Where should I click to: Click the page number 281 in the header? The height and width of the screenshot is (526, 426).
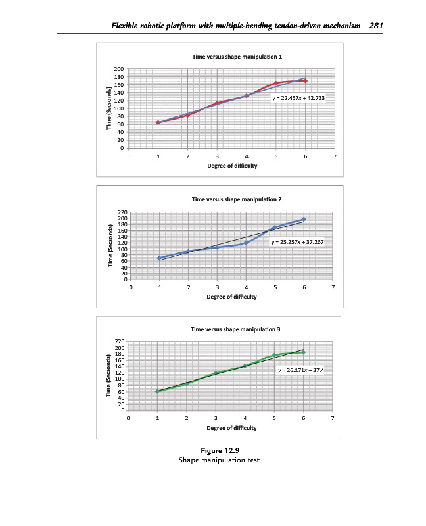(376, 26)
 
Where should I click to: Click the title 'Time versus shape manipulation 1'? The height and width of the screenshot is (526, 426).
(237, 57)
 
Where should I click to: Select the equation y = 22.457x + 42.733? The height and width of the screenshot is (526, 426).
(298, 98)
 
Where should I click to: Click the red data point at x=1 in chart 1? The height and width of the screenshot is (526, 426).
(158, 122)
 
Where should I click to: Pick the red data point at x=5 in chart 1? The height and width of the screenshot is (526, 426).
(275, 84)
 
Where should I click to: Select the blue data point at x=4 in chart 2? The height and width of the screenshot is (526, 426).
(246, 243)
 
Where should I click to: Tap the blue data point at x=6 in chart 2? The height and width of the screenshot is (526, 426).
(304, 219)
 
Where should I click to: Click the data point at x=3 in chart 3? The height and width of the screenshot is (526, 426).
(216, 373)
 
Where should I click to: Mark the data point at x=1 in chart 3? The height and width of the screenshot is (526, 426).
(157, 391)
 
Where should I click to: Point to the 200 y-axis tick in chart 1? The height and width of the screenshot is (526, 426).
(118, 69)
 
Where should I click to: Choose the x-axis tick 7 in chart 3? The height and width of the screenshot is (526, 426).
(333, 418)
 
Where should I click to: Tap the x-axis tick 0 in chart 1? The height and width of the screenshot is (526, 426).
(129, 157)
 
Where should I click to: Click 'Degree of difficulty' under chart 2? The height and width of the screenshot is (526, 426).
(231, 297)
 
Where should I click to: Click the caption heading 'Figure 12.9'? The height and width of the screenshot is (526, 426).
(220, 450)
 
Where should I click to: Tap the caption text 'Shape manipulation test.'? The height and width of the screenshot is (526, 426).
(220, 460)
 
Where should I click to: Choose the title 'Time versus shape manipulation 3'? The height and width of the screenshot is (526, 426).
(230, 329)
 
